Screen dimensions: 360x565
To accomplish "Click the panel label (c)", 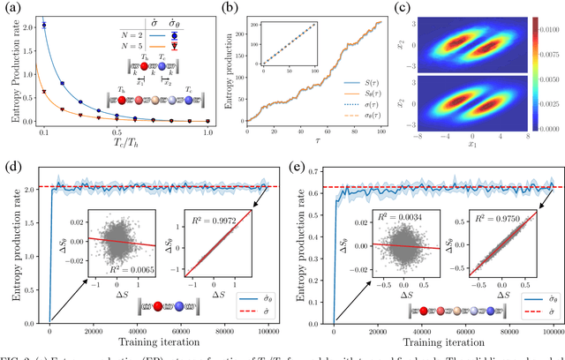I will [x=401, y=8].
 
